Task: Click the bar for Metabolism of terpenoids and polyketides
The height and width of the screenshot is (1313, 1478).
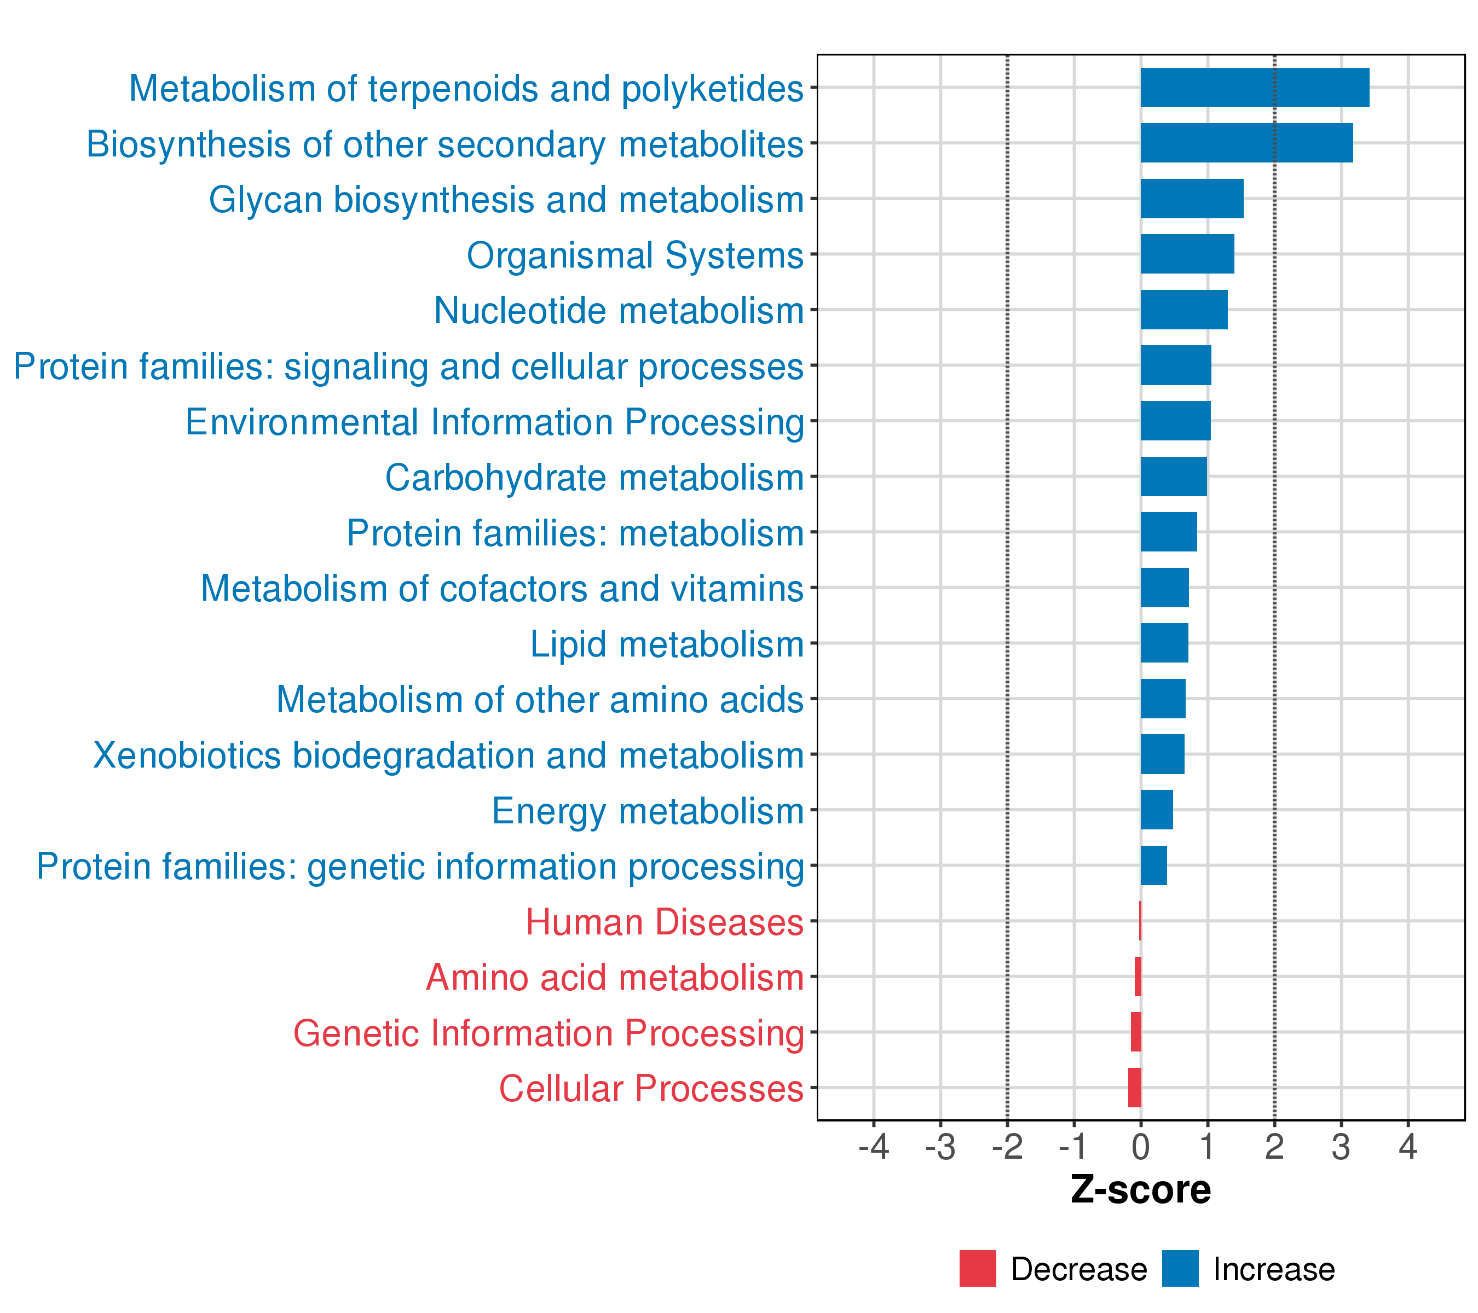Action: point(1255,88)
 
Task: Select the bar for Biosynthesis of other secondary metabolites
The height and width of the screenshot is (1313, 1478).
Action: point(1246,143)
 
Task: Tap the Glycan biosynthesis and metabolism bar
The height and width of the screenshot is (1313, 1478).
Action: point(1192,199)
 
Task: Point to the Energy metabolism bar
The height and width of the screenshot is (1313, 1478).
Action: point(1156,810)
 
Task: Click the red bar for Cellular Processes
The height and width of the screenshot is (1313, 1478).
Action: point(1135,1088)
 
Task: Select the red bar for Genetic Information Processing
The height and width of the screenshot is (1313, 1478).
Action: point(1136,1032)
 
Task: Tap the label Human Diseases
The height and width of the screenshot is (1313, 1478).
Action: point(665,922)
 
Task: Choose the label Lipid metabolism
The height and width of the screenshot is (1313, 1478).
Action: point(667,644)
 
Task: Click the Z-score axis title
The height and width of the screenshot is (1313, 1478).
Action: point(1140,1190)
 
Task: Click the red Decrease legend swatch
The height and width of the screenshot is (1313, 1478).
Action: point(978,1269)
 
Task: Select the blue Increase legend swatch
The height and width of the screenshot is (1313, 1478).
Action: point(1180,1269)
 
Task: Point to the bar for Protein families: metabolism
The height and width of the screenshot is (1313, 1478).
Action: point(1169,532)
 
